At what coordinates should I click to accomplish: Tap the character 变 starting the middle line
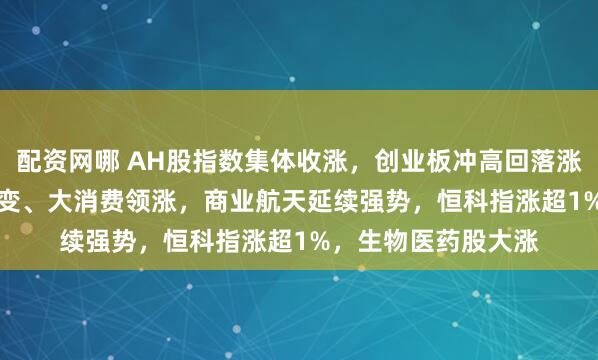click(x=12, y=203)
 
